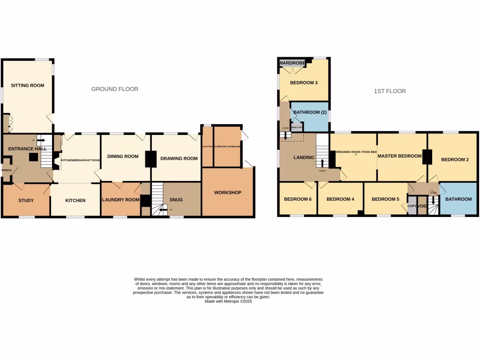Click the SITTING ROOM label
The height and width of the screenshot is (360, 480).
(x=27, y=85)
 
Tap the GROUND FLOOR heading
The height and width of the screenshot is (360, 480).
(x=114, y=89)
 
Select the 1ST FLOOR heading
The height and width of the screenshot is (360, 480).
(x=390, y=91)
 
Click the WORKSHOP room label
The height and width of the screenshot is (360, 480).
(x=227, y=193)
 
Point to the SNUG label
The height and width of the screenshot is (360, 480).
(x=176, y=200)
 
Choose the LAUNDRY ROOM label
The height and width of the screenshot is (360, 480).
(x=120, y=200)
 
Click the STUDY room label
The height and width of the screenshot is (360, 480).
(x=26, y=201)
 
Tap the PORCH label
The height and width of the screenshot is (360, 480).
(x=6, y=170)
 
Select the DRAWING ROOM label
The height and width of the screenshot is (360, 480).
(x=179, y=158)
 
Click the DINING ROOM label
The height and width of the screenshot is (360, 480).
(x=123, y=157)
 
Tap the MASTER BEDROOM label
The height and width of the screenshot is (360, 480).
(x=399, y=156)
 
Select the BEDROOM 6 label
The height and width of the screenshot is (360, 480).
(x=298, y=199)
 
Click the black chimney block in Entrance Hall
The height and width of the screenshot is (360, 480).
(x=33, y=157)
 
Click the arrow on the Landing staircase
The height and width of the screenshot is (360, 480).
(x=322, y=163)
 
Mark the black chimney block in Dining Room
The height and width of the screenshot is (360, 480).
(x=150, y=159)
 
